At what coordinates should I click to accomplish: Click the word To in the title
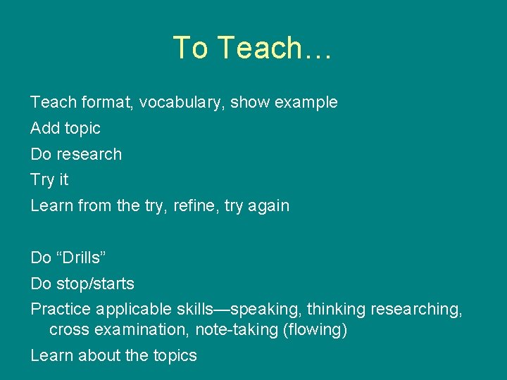(x=190, y=47)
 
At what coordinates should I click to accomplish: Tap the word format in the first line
(x=107, y=102)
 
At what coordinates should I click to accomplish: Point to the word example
(x=306, y=103)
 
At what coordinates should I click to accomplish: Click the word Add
(x=45, y=128)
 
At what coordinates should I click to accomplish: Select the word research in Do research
(x=89, y=154)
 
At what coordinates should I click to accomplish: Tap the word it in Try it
(x=64, y=179)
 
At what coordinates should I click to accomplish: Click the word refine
(x=194, y=205)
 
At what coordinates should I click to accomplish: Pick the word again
(x=268, y=206)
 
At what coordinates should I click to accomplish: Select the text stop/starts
(x=95, y=284)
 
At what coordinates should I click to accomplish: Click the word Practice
(x=61, y=309)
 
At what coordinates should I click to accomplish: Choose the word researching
(x=416, y=309)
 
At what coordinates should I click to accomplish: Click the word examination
(x=142, y=330)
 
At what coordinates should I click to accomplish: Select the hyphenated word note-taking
(x=237, y=330)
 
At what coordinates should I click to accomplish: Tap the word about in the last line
(x=99, y=355)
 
